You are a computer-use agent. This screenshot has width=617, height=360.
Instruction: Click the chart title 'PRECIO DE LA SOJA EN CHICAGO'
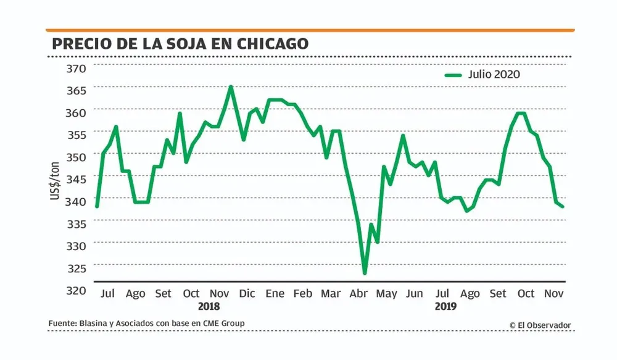point(180,44)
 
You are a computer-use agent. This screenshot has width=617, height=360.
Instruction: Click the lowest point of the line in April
point(365,273)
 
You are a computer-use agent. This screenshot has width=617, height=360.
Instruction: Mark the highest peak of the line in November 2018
point(231,86)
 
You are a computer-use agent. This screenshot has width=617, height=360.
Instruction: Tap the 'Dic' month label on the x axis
point(247,293)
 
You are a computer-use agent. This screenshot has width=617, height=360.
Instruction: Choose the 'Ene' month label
point(275,293)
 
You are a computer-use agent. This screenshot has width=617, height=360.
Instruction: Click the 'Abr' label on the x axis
point(358,293)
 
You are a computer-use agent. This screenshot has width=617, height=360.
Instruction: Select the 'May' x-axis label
point(386,293)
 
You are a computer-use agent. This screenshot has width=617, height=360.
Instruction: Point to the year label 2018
point(209,306)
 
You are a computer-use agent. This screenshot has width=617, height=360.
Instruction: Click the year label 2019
point(446,306)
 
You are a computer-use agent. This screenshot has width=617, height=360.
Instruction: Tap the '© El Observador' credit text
point(540,325)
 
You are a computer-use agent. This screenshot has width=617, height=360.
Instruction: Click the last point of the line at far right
point(563,206)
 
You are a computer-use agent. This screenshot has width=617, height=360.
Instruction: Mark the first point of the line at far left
point(97,206)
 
